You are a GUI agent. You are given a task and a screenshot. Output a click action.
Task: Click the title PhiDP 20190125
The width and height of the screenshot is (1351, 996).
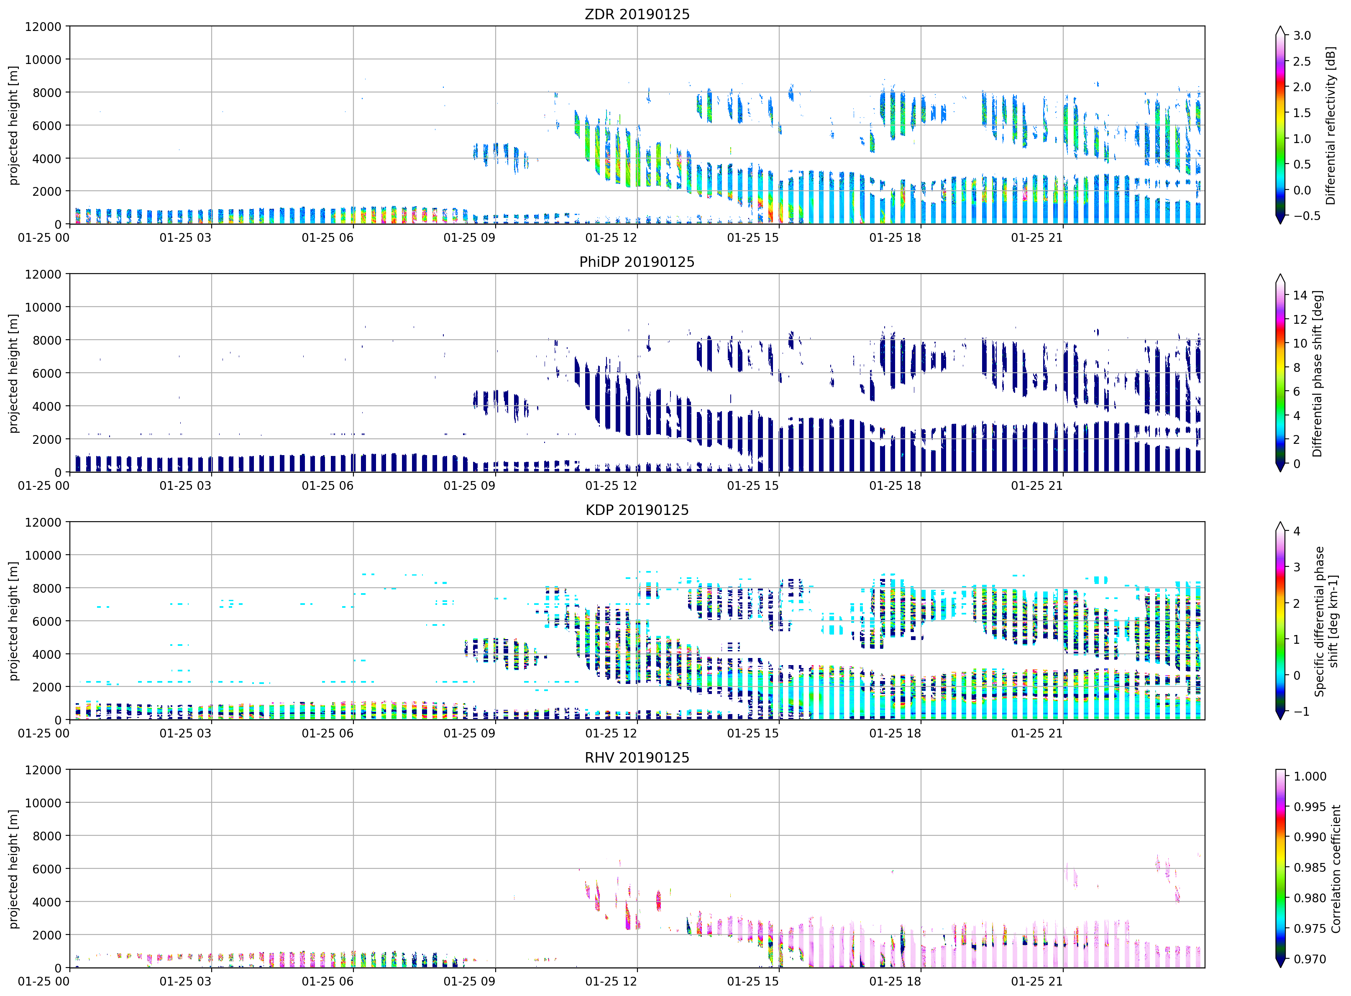(x=637, y=262)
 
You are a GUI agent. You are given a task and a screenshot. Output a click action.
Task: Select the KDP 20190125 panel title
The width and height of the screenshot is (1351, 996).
(x=637, y=510)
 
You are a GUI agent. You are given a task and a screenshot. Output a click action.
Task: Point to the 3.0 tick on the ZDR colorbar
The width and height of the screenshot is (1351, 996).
(x=1302, y=36)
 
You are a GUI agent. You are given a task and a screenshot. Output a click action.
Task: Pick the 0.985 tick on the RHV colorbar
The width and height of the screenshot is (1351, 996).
(x=1310, y=868)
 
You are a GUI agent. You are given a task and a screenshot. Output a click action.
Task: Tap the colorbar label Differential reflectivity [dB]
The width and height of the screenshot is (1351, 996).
(x=1331, y=125)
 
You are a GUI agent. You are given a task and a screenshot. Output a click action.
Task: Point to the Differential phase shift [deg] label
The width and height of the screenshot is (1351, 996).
(x=1317, y=374)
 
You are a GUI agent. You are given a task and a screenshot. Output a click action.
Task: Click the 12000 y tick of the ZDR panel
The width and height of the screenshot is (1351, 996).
(x=43, y=26)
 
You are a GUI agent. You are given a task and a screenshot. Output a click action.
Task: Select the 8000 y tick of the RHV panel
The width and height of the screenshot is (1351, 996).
(x=46, y=836)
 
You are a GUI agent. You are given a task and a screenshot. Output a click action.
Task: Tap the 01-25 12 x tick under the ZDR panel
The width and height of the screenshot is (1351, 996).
(x=611, y=238)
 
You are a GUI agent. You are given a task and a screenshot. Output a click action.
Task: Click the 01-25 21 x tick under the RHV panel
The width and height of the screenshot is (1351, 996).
(x=1036, y=981)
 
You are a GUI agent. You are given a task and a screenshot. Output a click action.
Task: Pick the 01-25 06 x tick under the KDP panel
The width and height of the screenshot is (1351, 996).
(x=328, y=733)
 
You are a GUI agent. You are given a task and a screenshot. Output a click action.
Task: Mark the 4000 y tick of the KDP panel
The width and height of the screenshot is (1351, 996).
(x=46, y=654)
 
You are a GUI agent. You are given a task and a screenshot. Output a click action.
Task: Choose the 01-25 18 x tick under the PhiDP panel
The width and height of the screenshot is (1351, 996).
(x=895, y=485)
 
